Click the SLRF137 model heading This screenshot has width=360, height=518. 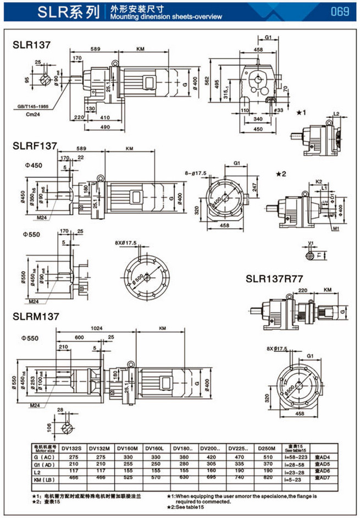tap(35, 146)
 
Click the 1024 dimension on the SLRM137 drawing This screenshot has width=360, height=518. tap(97, 328)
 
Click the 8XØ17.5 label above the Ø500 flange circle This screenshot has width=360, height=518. tap(127, 243)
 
